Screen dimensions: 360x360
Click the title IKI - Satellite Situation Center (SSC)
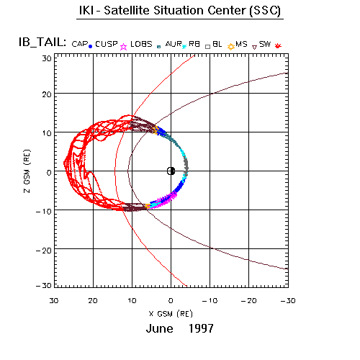180,11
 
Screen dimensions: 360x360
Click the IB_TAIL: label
42,42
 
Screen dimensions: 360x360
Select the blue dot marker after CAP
90,47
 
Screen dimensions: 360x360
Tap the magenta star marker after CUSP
123,47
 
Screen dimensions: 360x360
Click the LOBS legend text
141,44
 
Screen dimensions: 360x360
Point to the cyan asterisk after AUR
184,47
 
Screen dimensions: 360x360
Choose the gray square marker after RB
208,47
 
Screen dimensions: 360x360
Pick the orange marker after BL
231,47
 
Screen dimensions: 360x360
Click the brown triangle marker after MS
255,47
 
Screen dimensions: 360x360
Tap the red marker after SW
278,45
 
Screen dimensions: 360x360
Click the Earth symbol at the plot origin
171,171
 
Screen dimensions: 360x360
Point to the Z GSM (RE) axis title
27,171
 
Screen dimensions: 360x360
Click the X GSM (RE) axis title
171,314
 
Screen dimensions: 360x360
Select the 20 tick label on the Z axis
47,94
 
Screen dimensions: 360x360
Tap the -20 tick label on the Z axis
44,251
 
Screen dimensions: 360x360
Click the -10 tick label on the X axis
210,301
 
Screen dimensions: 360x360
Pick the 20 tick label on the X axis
93,301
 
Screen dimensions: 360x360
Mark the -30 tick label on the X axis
288,301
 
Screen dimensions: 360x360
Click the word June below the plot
159,328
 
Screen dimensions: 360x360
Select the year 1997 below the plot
201,328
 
